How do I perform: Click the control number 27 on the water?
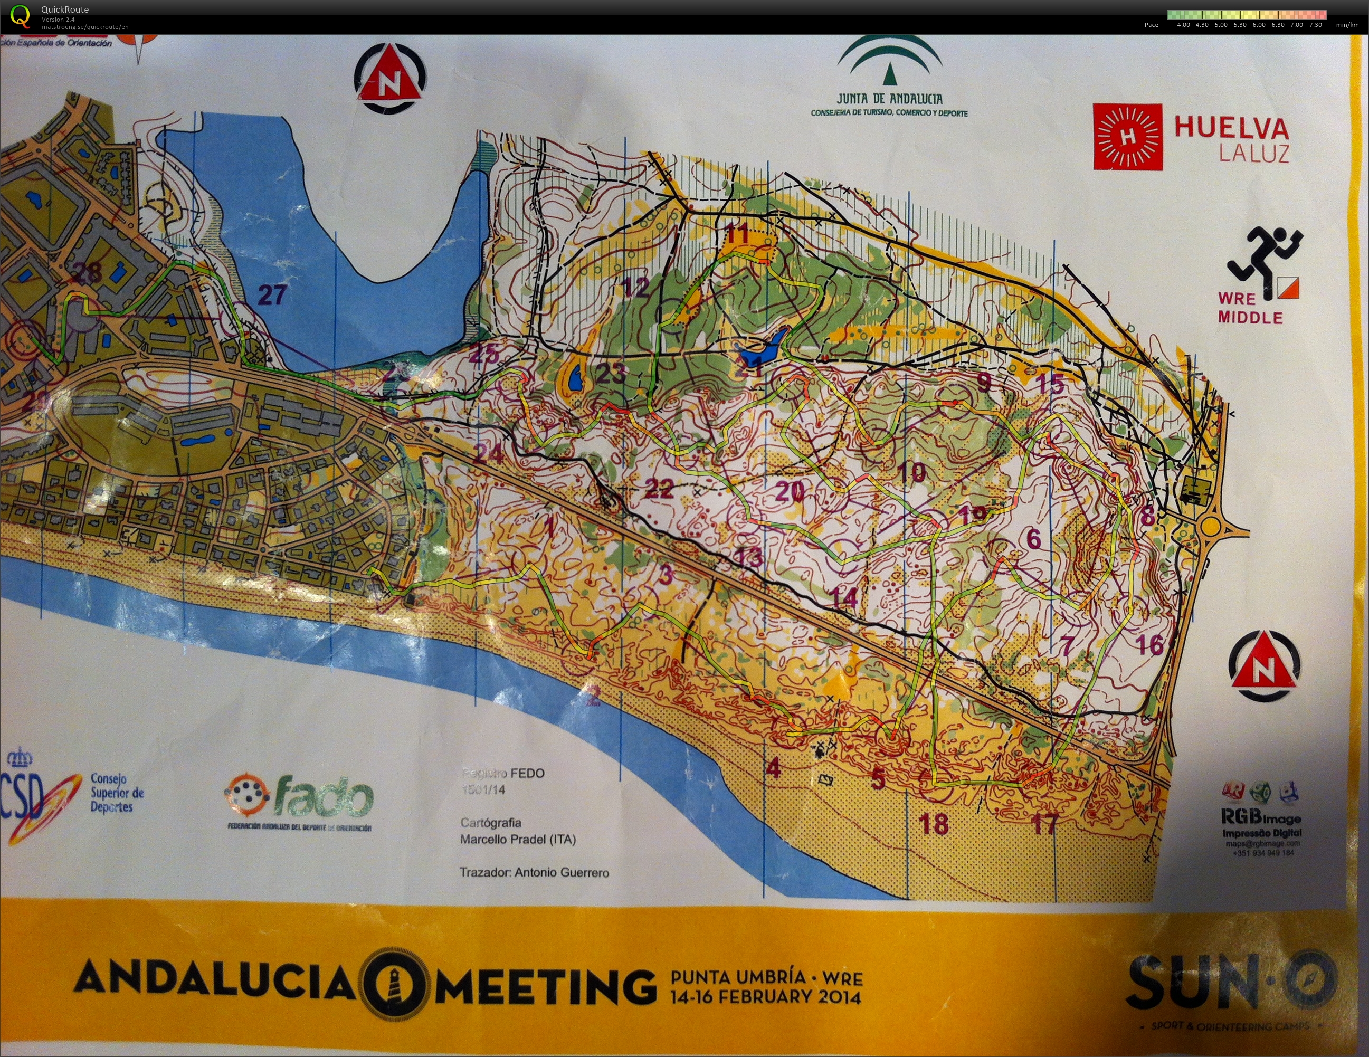272,294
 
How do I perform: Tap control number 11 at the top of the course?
737,234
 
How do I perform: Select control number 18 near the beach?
934,824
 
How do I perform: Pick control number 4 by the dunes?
774,767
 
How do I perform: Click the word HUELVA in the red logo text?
1231,128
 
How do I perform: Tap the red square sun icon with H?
1128,137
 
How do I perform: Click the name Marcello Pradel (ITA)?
518,840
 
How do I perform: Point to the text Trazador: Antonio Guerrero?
534,873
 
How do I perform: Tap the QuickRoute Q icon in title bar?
20,16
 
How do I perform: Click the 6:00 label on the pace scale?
1259,25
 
